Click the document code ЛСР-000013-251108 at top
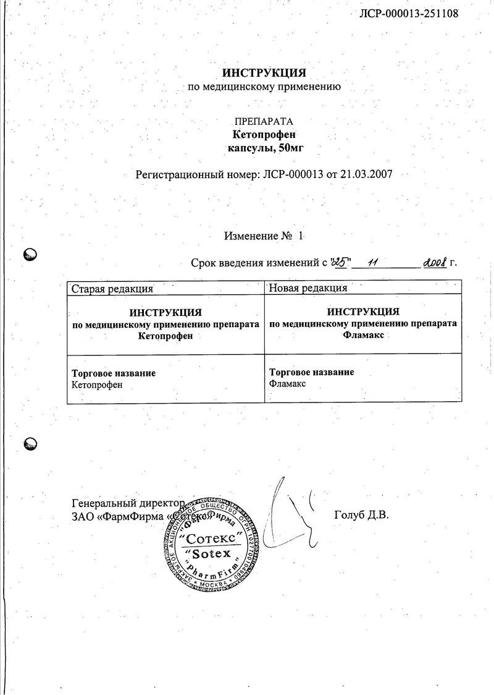408,13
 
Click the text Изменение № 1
264,236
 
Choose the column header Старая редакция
112,288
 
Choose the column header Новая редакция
309,288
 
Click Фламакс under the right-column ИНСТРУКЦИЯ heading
363,335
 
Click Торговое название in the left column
114,373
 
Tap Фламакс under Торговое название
288,383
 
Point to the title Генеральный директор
128,503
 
